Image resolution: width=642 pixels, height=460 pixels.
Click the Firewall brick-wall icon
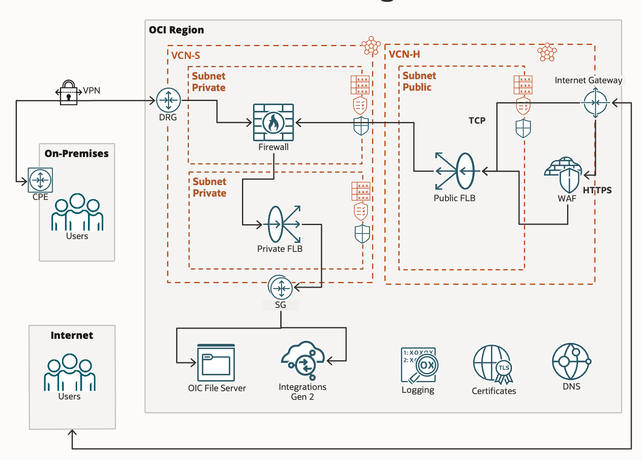(273, 122)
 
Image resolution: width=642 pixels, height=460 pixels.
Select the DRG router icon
(168, 100)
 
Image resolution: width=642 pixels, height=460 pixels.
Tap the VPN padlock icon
(68, 93)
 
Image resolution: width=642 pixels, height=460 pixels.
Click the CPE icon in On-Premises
(40, 180)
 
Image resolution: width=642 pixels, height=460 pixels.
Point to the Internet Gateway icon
(595, 103)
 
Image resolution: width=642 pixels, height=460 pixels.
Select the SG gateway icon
(281, 288)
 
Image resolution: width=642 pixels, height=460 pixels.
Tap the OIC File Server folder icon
(216, 363)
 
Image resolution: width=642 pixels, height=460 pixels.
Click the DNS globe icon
(571, 361)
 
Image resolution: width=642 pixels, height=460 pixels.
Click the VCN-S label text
(186, 56)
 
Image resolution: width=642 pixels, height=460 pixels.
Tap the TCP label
(477, 121)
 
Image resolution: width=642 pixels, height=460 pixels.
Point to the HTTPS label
(597, 190)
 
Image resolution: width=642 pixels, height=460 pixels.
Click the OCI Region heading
(176, 30)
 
